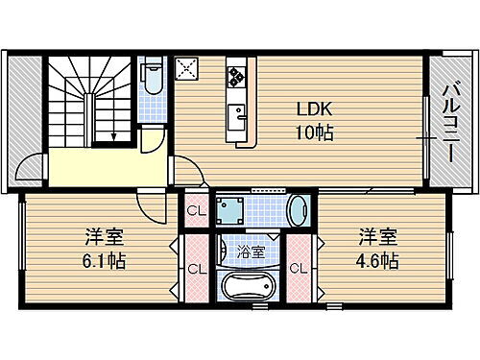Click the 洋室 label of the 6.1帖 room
96,237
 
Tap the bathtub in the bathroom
248,288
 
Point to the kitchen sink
236,116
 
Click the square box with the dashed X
187,69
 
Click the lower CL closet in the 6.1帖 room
194,268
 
